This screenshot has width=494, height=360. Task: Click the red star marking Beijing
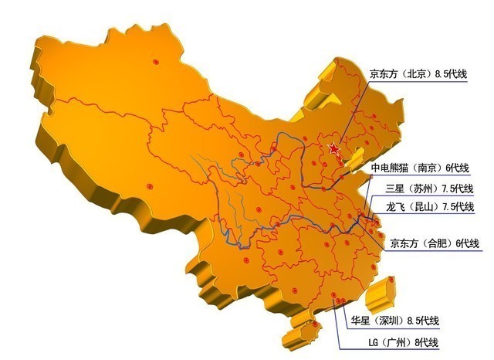tap(333, 148)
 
